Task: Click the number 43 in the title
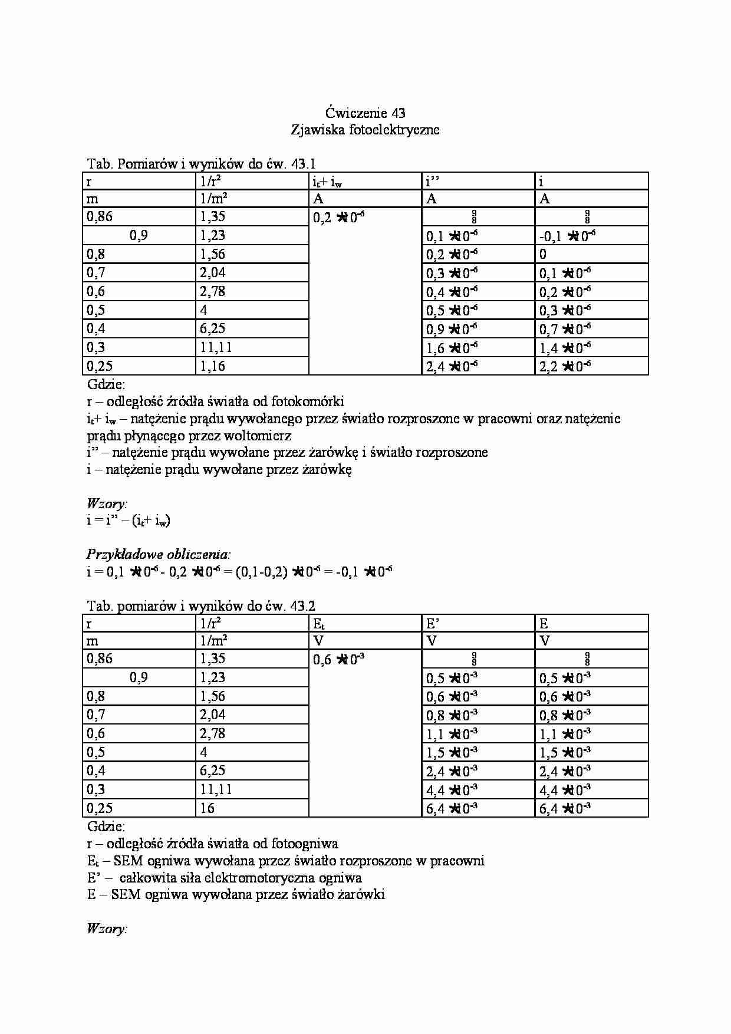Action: [x=397, y=113]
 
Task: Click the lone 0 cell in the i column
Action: [x=543, y=254]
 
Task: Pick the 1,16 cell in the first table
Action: [x=213, y=366]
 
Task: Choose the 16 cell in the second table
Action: [x=208, y=808]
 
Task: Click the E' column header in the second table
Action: [x=433, y=624]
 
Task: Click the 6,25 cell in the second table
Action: [x=213, y=770]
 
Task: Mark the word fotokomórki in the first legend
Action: [x=307, y=402]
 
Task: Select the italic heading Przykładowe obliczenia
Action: [x=159, y=554]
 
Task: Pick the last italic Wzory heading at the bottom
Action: [x=107, y=929]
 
